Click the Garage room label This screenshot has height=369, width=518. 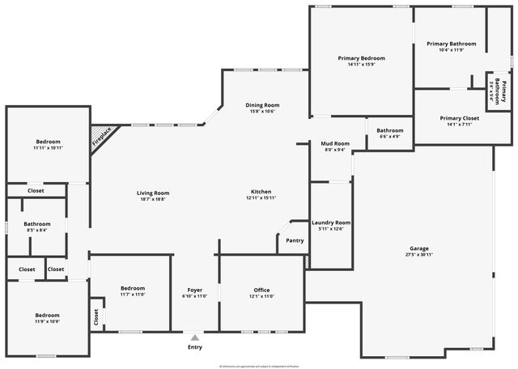[x=418, y=248]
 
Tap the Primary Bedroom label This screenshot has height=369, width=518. [x=361, y=58]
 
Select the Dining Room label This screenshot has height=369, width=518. [x=262, y=105]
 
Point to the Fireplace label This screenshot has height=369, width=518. [x=101, y=136]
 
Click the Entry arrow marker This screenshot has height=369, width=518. [x=194, y=337]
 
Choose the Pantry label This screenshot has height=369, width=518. [x=295, y=240]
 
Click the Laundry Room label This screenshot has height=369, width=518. [x=331, y=223]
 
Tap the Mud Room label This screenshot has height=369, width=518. [x=334, y=143]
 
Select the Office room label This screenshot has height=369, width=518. [x=261, y=290]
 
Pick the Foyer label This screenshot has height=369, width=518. [x=195, y=290]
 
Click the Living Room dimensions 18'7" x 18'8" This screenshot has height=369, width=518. [x=152, y=199]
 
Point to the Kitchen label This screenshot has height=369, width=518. [x=261, y=192]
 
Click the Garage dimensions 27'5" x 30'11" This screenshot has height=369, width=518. [x=418, y=255]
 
